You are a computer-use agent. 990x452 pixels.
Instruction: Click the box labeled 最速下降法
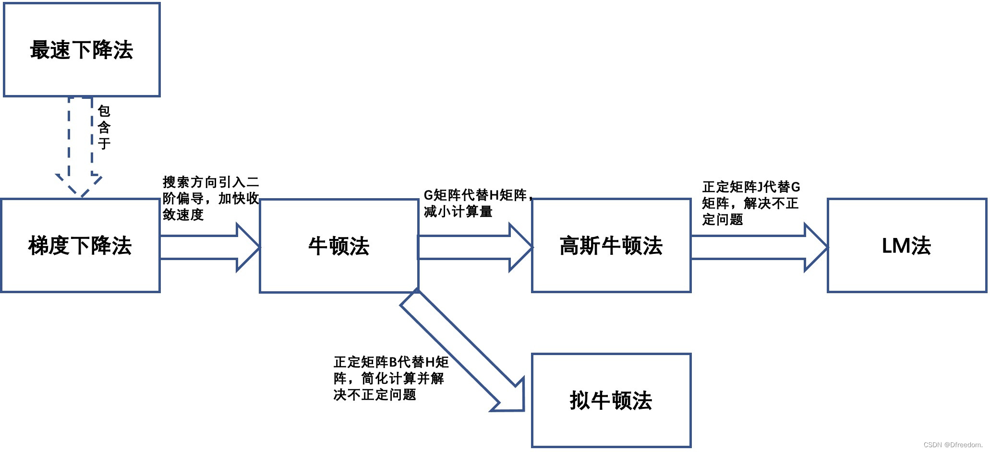82,50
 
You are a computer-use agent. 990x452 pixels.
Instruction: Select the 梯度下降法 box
80,246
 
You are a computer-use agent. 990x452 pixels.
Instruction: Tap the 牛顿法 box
339,246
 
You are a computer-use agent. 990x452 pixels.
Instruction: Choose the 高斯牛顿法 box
611,246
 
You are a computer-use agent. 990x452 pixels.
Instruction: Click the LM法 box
906,246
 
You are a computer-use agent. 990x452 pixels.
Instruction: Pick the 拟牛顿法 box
611,401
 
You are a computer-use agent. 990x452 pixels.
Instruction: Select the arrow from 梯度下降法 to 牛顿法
209,248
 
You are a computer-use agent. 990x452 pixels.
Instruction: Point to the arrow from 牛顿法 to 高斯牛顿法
475,248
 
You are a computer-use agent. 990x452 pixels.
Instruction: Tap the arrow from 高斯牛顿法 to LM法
759,248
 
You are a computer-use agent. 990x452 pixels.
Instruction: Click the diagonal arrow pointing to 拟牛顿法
461,350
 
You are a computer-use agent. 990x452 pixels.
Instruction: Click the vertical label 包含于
104,128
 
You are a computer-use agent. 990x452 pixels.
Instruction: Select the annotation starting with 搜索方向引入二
210,198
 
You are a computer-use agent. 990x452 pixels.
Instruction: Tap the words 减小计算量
458,212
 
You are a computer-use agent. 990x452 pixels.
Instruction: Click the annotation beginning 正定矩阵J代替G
751,203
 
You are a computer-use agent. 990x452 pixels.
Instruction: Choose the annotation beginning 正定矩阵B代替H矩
390,378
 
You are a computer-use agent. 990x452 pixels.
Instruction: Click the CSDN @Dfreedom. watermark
953,445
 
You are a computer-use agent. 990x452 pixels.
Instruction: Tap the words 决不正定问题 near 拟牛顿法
374,395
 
